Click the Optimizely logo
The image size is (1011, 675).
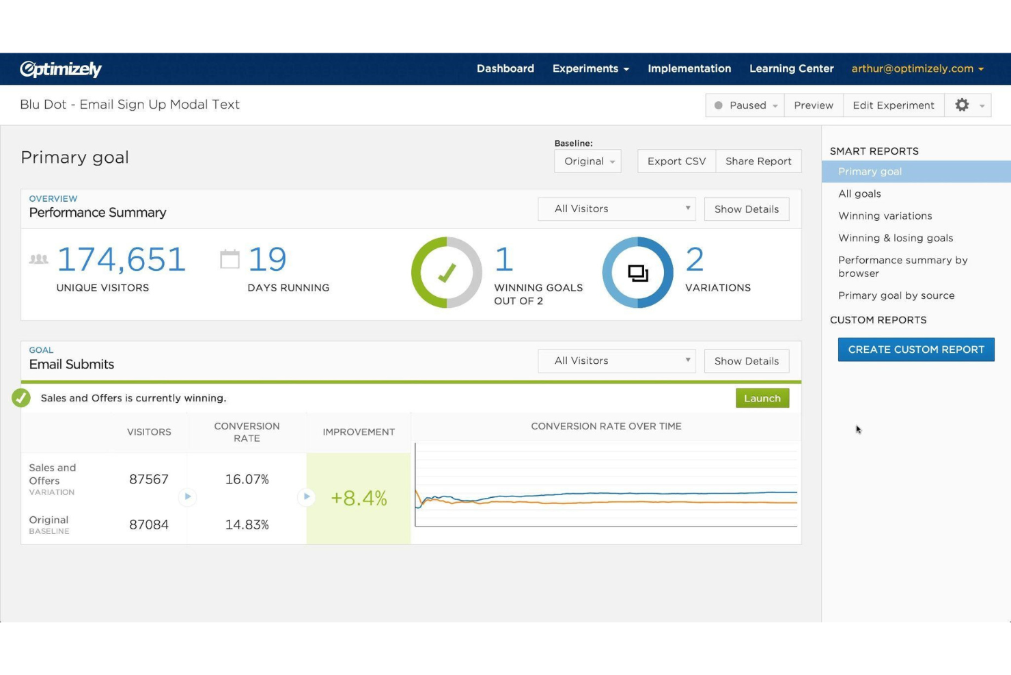(61, 69)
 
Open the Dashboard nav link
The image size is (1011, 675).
(505, 68)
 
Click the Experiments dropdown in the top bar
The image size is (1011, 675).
(590, 68)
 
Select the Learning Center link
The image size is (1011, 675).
(791, 68)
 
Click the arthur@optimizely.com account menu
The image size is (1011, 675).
(917, 68)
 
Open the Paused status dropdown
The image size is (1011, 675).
(745, 105)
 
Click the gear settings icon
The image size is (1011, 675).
(962, 105)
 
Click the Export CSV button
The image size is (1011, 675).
(676, 161)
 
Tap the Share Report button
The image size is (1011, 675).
(758, 161)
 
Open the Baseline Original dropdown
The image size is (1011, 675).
(587, 161)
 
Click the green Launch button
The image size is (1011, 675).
(762, 398)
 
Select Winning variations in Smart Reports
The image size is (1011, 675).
(885, 216)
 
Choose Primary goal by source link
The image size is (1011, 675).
(896, 295)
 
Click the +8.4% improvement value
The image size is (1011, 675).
(359, 498)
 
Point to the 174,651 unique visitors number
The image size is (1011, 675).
(122, 260)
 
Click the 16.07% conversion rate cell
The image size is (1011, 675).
(247, 479)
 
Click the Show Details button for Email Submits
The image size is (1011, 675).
(746, 361)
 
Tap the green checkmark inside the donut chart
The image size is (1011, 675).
(447, 274)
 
